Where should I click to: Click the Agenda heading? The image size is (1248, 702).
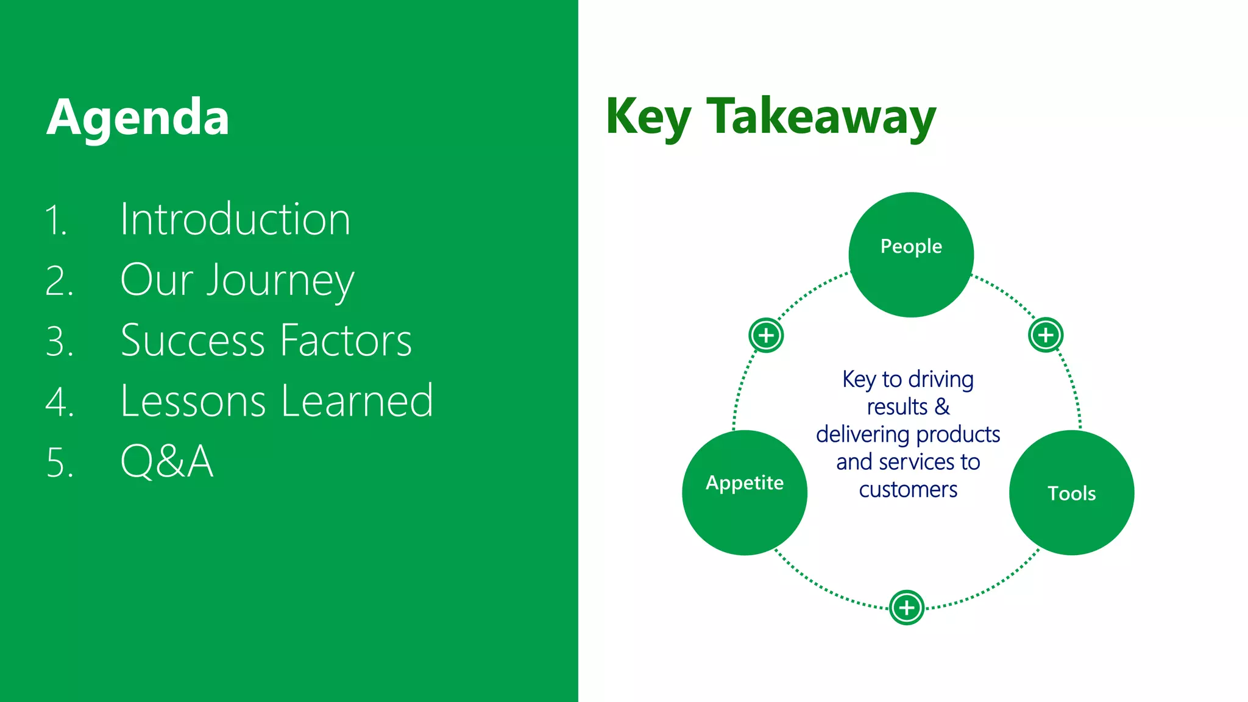coord(138,118)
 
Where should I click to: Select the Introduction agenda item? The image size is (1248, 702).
coord(235,219)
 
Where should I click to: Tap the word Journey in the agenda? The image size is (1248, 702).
coord(280,281)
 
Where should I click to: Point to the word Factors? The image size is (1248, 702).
coord(346,340)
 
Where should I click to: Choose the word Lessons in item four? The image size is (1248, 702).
coord(193,401)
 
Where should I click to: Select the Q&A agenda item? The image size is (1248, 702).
coord(167,461)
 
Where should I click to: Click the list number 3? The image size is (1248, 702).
coord(59,341)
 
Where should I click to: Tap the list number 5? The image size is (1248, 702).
coord(59,463)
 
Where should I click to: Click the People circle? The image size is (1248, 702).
coord(911,255)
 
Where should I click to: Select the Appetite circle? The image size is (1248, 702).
coord(745,492)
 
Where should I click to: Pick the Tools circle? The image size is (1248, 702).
coord(1071,492)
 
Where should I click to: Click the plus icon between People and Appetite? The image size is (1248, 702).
coord(766,335)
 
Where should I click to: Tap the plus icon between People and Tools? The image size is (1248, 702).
coord(1046,335)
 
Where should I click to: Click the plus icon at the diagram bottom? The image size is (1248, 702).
coord(907,607)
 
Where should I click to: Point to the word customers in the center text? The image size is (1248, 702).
coord(908,489)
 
